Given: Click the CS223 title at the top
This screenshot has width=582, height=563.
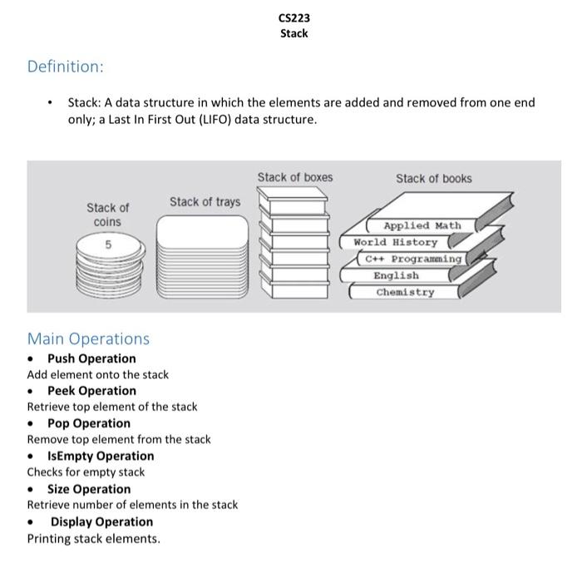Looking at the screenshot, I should [x=293, y=17].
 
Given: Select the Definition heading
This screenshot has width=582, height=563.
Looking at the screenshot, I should [x=65, y=66].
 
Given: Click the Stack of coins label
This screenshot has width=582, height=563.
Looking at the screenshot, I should [x=107, y=215].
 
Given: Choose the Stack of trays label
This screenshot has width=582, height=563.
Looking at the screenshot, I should [x=205, y=201].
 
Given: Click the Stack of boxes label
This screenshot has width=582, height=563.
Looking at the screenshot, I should [x=294, y=177].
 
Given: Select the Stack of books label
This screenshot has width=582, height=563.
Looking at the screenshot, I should [x=433, y=178].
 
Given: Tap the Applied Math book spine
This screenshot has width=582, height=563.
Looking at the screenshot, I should [x=422, y=225].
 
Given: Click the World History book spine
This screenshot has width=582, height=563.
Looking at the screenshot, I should [x=396, y=242].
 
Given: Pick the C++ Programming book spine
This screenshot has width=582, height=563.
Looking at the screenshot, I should [x=413, y=259].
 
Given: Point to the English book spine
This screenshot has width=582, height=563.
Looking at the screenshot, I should [x=396, y=275].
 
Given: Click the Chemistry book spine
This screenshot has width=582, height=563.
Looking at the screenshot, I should [x=405, y=292].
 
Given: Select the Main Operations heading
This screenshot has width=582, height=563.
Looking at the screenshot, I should [x=88, y=338].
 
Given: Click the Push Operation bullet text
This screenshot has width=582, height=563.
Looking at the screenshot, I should [x=91, y=358].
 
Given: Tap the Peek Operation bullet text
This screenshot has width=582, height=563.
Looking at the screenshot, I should [x=91, y=391].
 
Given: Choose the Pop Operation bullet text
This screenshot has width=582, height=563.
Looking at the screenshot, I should [x=89, y=423].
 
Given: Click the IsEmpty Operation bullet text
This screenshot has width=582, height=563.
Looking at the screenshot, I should [x=101, y=456].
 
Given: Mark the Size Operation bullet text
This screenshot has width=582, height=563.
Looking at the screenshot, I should [x=89, y=489].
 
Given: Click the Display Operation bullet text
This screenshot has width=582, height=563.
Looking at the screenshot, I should [x=101, y=521].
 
